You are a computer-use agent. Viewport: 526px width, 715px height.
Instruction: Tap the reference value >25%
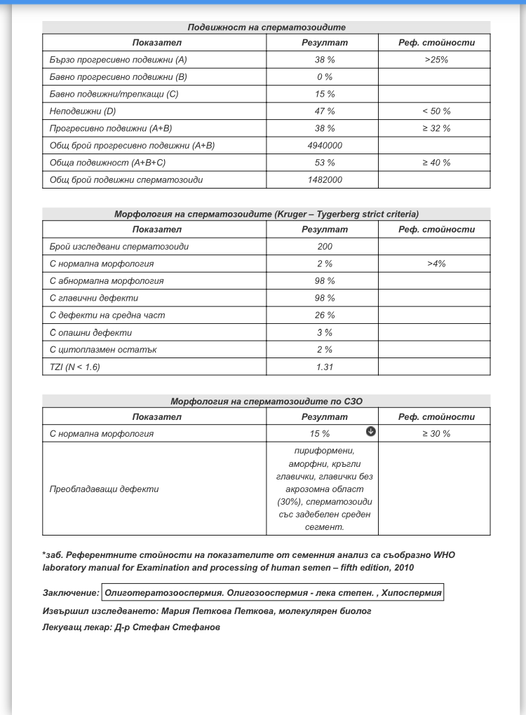[x=436, y=60]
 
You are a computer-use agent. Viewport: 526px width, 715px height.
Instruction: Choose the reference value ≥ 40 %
[x=436, y=163]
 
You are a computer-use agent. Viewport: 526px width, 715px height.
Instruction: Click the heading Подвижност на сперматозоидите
[x=267, y=27]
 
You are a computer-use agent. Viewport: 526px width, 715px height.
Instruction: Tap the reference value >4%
[x=436, y=264]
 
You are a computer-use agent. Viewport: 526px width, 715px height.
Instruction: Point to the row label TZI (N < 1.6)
[x=75, y=367]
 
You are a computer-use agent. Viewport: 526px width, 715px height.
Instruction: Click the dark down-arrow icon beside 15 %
[x=371, y=432]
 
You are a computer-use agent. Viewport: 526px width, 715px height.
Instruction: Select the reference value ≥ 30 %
[x=436, y=434]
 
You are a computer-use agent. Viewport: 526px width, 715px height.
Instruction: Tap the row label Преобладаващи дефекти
[x=104, y=489]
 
